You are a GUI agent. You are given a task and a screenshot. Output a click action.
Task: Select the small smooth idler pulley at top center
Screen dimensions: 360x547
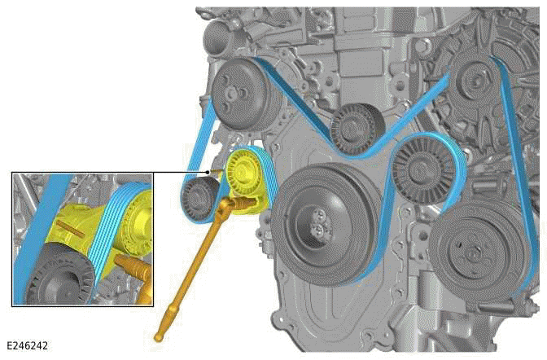tap(356, 127)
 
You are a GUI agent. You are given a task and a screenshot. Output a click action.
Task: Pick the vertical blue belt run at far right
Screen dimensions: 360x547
tap(512, 147)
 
